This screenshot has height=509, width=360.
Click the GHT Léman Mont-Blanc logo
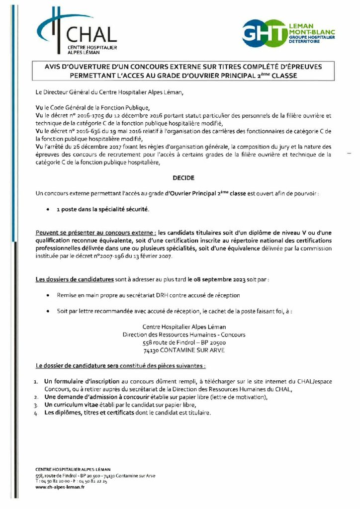[x=288, y=33]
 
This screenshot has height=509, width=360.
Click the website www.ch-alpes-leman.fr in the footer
[x=60, y=487]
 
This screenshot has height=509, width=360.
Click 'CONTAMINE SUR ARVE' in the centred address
[x=192, y=350]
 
